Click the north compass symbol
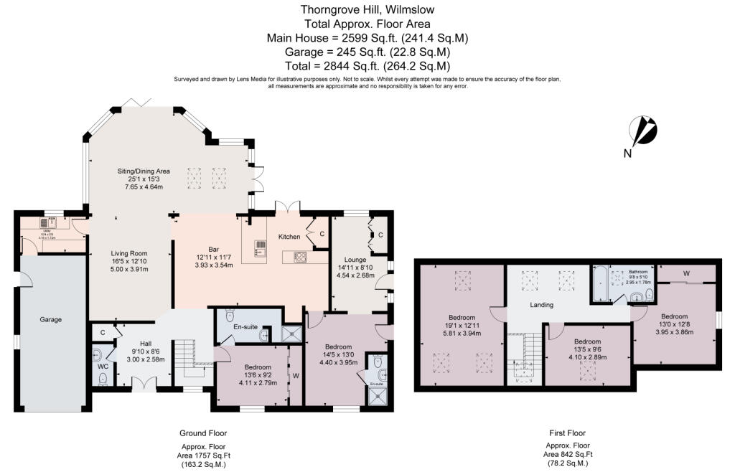[642, 132]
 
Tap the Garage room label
[50, 319]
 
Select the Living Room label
[128, 252]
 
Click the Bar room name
[194, 249]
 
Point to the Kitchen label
[289, 237]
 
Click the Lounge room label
[355, 260]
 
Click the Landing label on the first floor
[541, 305]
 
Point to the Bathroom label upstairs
[638, 273]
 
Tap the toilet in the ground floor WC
[102, 378]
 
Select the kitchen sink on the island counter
[259, 250]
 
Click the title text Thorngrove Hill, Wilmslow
[367, 10]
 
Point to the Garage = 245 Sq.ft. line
[367, 52]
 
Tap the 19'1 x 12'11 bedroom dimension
[462, 326]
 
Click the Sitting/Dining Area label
[144, 171]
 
